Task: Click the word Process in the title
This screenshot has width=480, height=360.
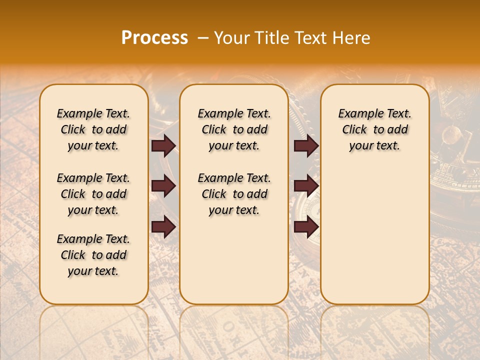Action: coord(154,38)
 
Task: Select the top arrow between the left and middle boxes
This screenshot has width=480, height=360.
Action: coord(163,145)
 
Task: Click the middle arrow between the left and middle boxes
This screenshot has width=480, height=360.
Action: coord(163,186)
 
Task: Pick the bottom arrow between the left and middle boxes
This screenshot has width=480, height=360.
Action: coord(163,226)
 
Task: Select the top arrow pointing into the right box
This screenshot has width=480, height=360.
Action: coord(306,145)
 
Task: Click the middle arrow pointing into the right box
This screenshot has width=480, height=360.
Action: coord(306,186)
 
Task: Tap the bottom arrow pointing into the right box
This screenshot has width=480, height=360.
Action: coord(306,226)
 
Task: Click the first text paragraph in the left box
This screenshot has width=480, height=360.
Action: coord(93,129)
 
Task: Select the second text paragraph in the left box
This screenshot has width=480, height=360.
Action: coord(93,194)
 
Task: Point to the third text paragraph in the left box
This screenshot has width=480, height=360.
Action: coord(93,255)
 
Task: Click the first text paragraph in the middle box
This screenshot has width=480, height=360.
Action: coord(234,129)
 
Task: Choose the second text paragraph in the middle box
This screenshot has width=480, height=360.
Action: coord(234,194)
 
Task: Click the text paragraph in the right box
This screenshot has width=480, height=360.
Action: coord(374,129)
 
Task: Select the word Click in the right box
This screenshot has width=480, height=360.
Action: coord(354,130)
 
